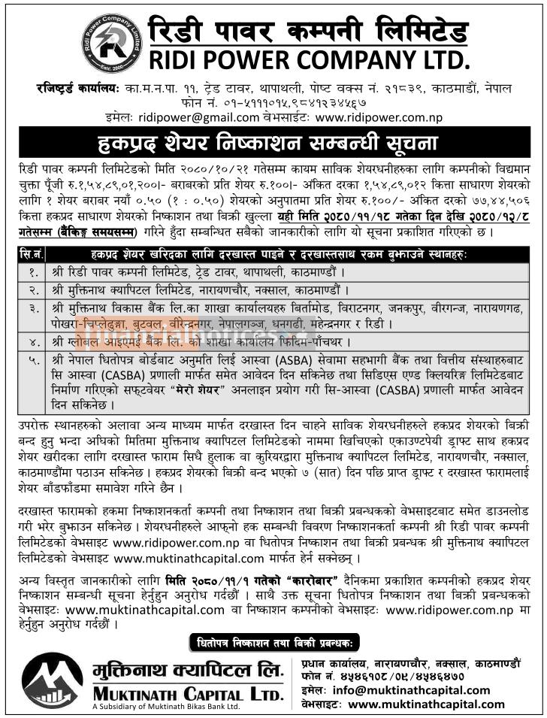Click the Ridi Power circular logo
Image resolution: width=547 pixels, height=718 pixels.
(111, 43)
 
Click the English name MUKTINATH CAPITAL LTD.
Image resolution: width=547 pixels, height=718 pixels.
(189, 691)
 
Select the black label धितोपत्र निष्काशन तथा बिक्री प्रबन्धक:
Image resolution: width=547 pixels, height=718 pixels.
(274, 643)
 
